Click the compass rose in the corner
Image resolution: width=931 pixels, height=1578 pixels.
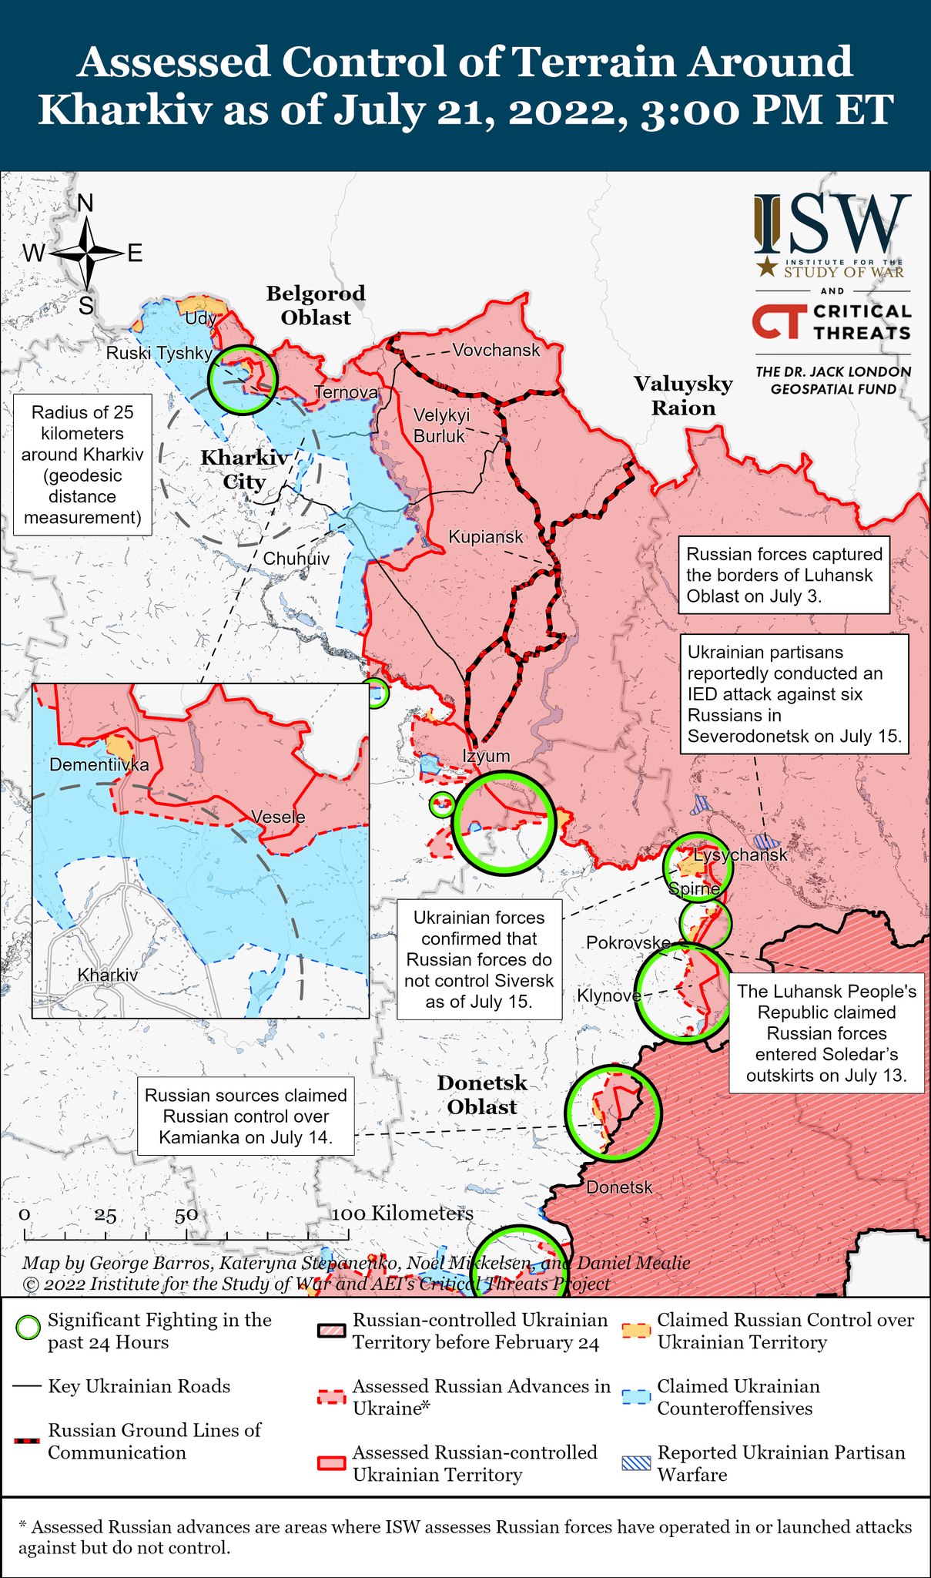pos(87,253)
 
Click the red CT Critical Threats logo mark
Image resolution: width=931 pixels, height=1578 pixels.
pos(779,322)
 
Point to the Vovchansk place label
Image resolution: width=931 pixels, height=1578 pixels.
pos(496,351)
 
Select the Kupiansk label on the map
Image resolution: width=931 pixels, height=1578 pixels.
pos(485,537)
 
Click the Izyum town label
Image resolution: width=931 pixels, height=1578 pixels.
pos(486,756)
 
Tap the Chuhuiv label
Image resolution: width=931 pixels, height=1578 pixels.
pos(296,559)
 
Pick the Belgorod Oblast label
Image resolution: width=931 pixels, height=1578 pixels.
pos(316,305)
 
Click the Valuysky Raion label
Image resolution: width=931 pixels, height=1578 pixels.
pos(683,395)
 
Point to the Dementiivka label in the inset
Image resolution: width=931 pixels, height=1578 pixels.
pos(99,765)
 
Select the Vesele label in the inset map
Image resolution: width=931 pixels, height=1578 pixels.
pos(278,818)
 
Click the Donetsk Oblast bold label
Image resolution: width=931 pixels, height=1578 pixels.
pos(482,1095)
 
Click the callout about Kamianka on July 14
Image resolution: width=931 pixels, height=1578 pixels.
pos(246,1116)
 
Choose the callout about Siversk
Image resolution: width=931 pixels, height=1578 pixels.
pos(479,959)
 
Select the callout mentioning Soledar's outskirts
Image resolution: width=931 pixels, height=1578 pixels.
pos(826,1032)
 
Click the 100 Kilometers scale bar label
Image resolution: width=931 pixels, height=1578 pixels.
pos(402,1214)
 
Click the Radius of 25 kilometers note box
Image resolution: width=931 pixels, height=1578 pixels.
pos(82,465)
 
